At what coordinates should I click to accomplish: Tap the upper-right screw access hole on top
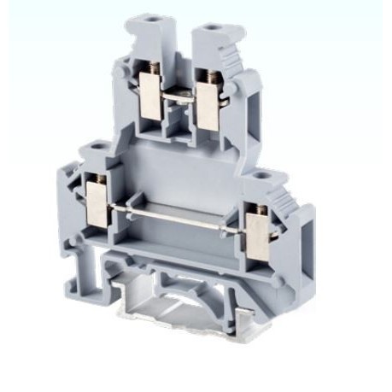(208, 31)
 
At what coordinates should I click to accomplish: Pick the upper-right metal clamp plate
(207, 106)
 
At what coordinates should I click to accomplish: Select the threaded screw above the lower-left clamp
(97, 179)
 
